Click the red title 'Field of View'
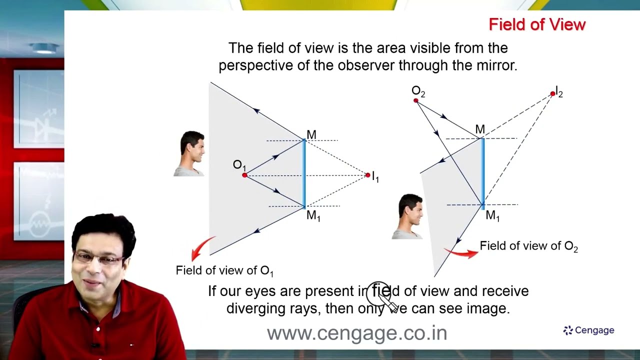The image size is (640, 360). click(537, 24)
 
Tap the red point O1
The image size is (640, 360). click(244, 175)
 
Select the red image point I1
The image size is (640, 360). click(368, 175)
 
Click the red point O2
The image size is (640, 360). click(416, 100)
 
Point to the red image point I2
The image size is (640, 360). click(552, 93)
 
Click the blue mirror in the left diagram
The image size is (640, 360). click(304, 173)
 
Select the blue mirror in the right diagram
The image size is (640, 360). click(482, 171)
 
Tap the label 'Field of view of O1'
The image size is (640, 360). click(224, 270)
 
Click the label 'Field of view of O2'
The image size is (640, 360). click(528, 246)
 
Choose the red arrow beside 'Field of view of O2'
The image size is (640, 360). click(461, 253)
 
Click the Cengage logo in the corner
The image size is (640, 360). click(588, 330)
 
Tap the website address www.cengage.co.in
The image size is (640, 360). click(356, 333)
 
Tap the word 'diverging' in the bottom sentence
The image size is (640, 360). click(255, 308)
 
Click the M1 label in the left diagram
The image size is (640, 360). click(313, 216)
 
